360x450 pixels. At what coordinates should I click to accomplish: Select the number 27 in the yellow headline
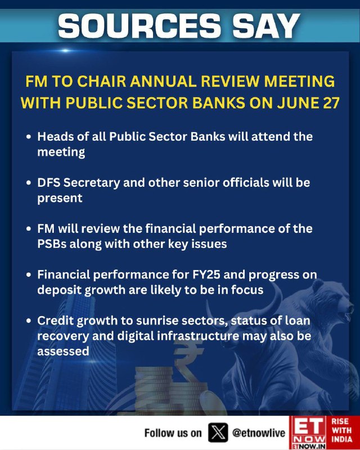click(x=331, y=103)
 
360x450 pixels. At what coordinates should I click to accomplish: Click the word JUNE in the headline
click(x=298, y=103)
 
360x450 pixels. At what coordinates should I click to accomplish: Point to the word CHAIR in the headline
click(x=101, y=81)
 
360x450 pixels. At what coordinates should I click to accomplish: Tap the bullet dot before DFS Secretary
click(x=29, y=182)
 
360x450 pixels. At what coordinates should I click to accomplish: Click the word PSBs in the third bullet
click(x=52, y=244)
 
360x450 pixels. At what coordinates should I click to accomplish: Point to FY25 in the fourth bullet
click(x=206, y=274)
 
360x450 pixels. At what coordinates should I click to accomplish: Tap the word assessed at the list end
click(x=63, y=351)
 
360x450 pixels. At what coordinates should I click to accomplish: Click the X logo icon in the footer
click(x=218, y=433)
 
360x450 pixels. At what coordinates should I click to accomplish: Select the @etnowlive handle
click(x=259, y=433)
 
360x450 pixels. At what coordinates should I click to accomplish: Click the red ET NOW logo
click(x=309, y=433)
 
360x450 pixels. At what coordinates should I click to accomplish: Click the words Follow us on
click(x=173, y=433)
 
